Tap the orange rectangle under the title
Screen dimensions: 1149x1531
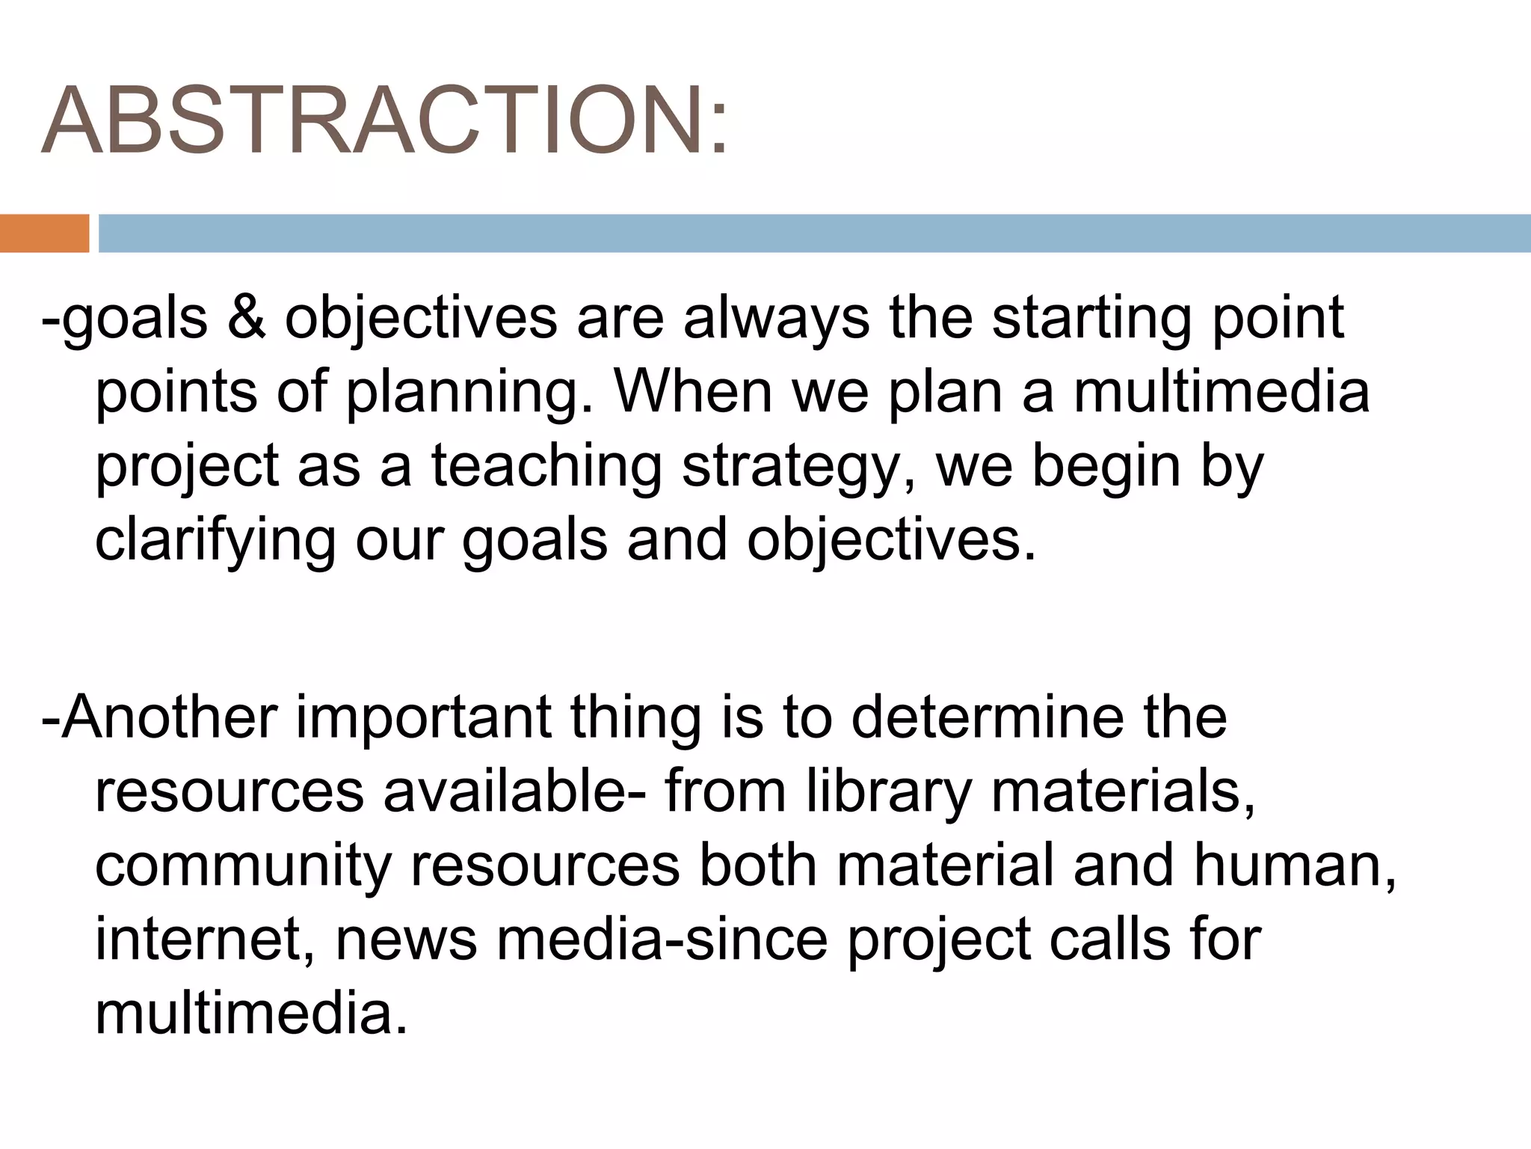(44, 233)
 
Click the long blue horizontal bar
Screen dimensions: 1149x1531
(813, 233)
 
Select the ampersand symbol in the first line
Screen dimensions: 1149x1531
(246, 317)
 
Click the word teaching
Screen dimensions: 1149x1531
(546, 467)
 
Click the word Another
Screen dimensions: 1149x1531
(169, 717)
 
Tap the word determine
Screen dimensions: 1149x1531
(987, 717)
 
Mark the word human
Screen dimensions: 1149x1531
(1294, 865)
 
